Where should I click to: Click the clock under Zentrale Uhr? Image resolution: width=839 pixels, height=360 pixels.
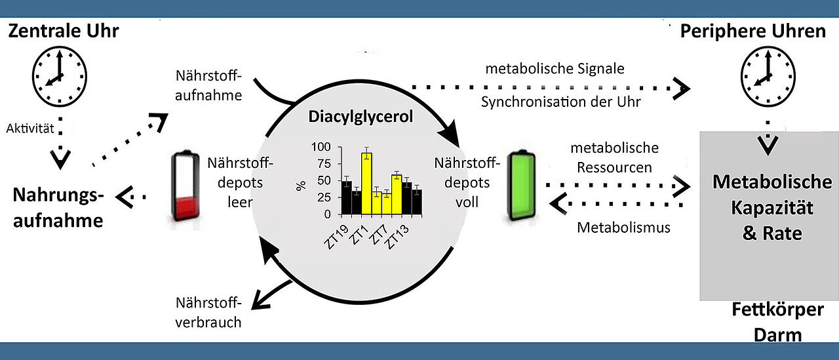(59, 77)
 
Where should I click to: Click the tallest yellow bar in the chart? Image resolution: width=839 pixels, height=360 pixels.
(366, 182)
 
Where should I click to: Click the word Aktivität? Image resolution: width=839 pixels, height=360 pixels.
(30, 129)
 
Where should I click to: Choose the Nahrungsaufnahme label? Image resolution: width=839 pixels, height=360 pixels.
(58, 207)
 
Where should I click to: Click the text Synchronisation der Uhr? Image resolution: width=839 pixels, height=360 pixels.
(560, 102)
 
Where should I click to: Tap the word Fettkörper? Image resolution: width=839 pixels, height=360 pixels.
(777, 310)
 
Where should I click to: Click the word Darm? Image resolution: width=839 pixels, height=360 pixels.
(777, 334)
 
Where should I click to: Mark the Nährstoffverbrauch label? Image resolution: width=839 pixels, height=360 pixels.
(209, 312)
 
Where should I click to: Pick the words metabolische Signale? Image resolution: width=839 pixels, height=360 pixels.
(555, 69)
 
